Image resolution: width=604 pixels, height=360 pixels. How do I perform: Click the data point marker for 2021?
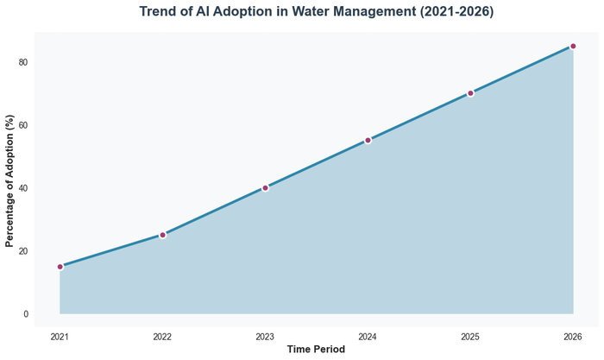pyautogui.click(x=60, y=267)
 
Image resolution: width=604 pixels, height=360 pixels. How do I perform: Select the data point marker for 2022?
pyautogui.click(x=162, y=235)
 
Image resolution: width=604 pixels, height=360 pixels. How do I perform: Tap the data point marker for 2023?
pyautogui.click(x=265, y=187)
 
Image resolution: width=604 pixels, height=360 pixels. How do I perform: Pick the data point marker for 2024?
pyautogui.click(x=368, y=140)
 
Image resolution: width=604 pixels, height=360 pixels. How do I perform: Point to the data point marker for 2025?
pyautogui.click(x=470, y=93)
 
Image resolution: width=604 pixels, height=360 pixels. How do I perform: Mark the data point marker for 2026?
pyautogui.click(x=573, y=47)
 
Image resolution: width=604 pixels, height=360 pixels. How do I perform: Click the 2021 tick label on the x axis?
pyautogui.click(x=60, y=336)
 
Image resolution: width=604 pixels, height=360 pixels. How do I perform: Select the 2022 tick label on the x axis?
pyautogui.click(x=162, y=336)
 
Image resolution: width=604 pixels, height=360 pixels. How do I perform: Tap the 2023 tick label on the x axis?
pyautogui.click(x=265, y=336)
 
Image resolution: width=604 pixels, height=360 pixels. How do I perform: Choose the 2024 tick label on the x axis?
pyautogui.click(x=368, y=336)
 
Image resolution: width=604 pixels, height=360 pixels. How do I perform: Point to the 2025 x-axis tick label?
pyautogui.click(x=470, y=336)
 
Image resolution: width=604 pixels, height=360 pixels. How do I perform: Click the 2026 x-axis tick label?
pyautogui.click(x=573, y=336)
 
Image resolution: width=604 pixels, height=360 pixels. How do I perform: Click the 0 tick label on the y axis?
pyautogui.click(x=26, y=314)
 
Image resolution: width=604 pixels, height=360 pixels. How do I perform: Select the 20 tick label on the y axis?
pyautogui.click(x=23, y=251)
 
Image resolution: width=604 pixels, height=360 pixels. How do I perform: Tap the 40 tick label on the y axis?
pyautogui.click(x=23, y=188)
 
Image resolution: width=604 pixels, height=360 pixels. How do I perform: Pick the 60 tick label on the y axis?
pyautogui.click(x=23, y=125)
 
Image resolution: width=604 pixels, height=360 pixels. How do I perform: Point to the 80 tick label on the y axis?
pyautogui.click(x=23, y=62)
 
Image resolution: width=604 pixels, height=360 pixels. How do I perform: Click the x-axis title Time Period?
pyautogui.click(x=316, y=350)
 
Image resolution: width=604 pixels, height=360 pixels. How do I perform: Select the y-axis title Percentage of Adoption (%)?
pyautogui.click(x=9, y=180)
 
